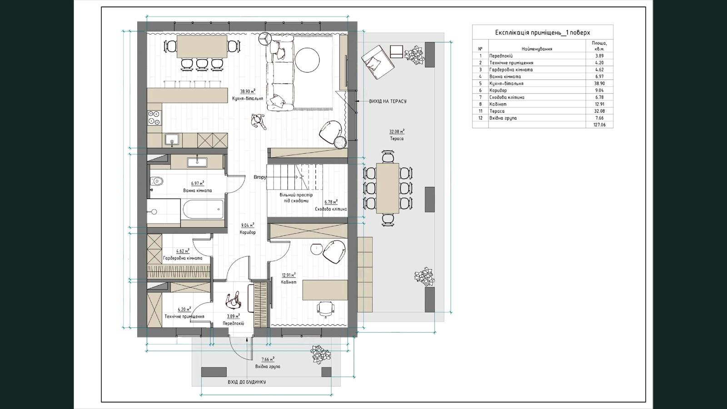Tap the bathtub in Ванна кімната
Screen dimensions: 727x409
[x=203, y=209]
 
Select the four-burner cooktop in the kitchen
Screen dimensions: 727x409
[x=154, y=118]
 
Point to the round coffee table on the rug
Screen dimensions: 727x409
[x=307, y=60]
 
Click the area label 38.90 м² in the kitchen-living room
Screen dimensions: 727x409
[x=248, y=91]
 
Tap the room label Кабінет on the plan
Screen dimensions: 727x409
[x=289, y=282]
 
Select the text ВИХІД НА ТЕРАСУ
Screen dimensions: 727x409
[x=388, y=101]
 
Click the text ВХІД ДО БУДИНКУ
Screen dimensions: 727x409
[x=247, y=382]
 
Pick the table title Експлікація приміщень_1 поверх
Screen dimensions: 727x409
[x=543, y=32]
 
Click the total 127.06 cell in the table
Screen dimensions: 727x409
[x=599, y=125]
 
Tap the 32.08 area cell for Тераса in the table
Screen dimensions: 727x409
[x=599, y=111]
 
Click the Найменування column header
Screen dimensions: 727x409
[x=537, y=49]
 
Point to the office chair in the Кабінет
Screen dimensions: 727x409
[x=325, y=308]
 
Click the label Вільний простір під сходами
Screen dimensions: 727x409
[x=296, y=198]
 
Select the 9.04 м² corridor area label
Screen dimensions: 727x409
[x=248, y=225]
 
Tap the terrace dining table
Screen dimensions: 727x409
[x=388, y=188]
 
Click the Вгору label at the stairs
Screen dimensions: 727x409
[x=260, y=177]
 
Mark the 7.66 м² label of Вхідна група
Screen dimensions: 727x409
[x=268, y=359]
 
